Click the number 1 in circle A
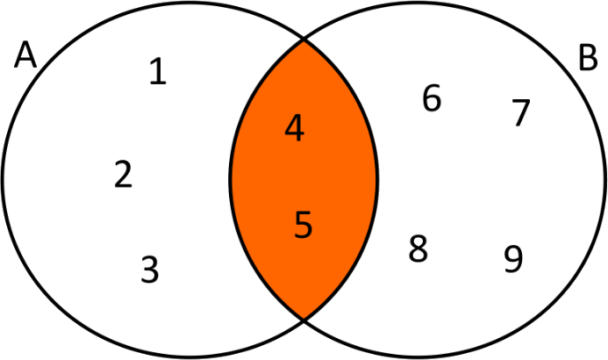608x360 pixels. tap(157, 71)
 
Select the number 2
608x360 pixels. tap(124, 175)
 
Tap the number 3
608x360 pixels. tap(150, 269)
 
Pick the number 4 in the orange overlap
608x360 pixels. tap(295, 129)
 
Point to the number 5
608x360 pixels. tap(303, 225)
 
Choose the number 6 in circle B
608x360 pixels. tap(432, 99)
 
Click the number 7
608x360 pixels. tap(521, 113)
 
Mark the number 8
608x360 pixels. tap(418, 249)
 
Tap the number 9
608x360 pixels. tap(514, 258)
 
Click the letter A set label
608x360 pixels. tap(25, 57)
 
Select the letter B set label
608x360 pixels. tap(588, 58)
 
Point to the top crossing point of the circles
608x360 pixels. tap(304, 39)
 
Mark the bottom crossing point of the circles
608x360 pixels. tap(304, 318)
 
